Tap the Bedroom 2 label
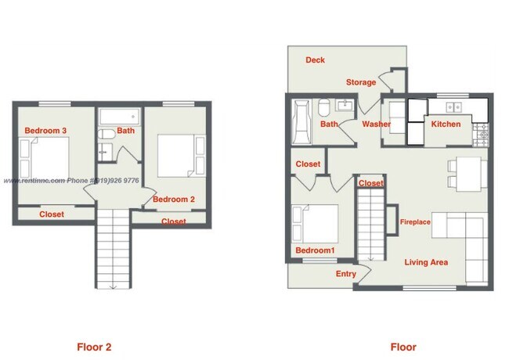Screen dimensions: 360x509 tap(173, 200)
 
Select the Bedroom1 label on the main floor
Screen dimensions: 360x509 tap(314, 250)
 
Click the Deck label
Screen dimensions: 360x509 tap(315, 60)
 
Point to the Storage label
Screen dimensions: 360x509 tap(361, 82)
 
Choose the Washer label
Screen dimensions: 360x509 tap(376, 124)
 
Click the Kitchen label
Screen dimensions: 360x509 tap(446, 124)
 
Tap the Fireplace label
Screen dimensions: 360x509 tap(415, 222)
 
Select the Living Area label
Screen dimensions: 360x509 tap(426, 262)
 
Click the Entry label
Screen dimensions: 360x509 tap(345, 273)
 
